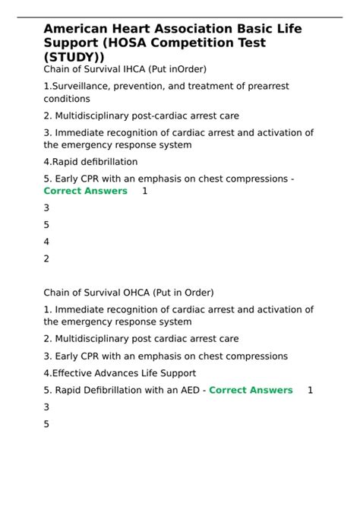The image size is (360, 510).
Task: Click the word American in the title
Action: (x=77, y=28)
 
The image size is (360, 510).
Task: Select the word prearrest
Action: (x=285, y=87)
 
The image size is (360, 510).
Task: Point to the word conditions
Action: (x=67, y=99)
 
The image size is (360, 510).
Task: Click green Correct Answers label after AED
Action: (x=251, y=390)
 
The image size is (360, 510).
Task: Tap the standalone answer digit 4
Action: (x=47, y=241)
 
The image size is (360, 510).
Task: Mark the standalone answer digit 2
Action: (x=47, y=258)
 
